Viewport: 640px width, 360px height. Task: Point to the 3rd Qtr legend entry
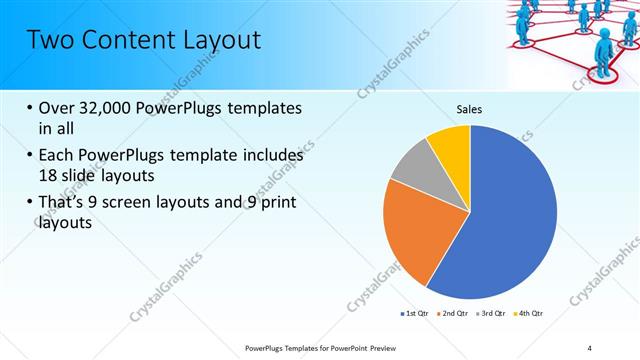[x=491, y=314]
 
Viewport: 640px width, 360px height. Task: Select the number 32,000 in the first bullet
[x=107, y=108]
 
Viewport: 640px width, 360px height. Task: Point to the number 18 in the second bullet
[x=48, y=174]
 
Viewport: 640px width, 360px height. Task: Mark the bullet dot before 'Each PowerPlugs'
[x=29, y=156]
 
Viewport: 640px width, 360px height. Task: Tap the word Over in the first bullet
[x=56, y=108]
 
